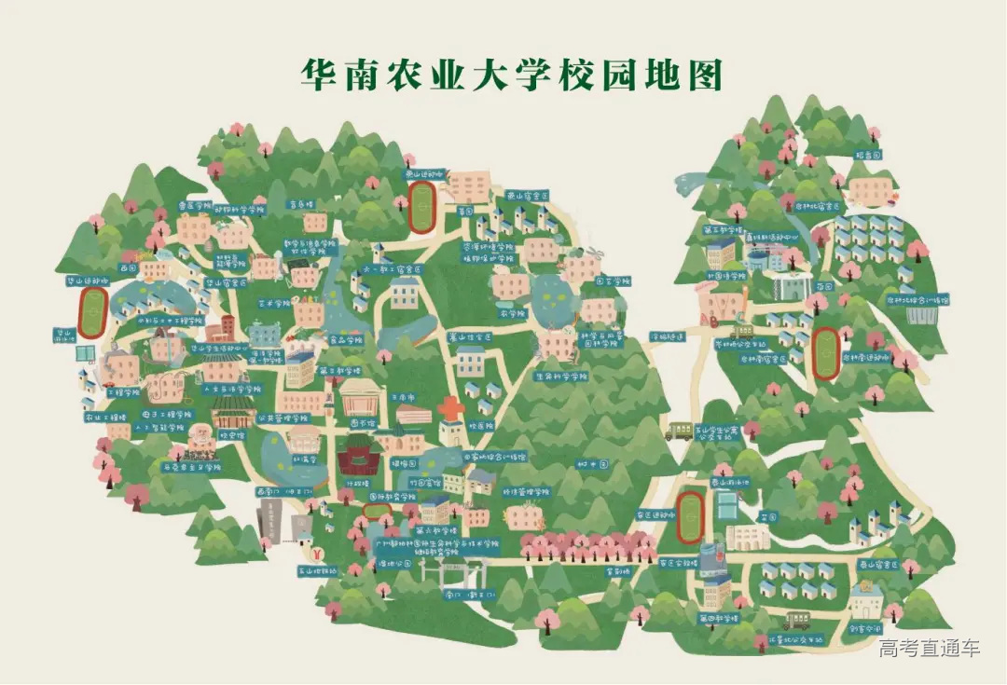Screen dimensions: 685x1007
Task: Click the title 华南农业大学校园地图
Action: click(511, 75)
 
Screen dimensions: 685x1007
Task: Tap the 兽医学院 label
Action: click(195, 205)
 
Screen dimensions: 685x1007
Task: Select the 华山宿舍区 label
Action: click(226, 281)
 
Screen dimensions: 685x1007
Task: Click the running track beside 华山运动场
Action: click(91, 312)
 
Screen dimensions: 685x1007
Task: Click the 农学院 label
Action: click(509, 313)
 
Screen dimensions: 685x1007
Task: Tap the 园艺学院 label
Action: click(614, 280)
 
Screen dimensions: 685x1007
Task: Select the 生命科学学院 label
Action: click(561, 377)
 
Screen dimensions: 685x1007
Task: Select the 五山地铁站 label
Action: click(317, 569)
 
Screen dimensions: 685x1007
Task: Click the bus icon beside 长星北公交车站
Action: click(795, 620)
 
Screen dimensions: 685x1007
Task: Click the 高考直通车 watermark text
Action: click(930, 649)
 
